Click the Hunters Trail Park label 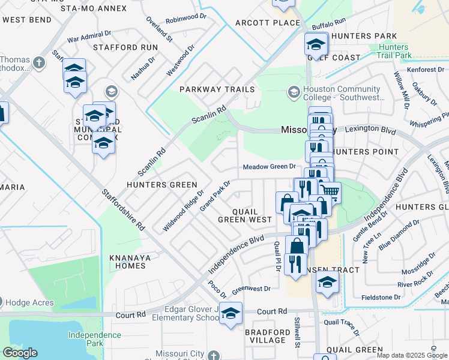coord(394,52)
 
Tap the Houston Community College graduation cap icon coord(294,92)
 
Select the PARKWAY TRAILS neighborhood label coord(218,89)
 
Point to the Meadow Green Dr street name coord(269,167)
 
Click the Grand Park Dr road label coord(215,196)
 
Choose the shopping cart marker coord(330,192)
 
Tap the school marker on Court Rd coord(231,314)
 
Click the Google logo coord(20,353)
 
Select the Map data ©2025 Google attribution coord(412,355)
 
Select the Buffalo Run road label coord(330,24)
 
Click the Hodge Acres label coord(31,303)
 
